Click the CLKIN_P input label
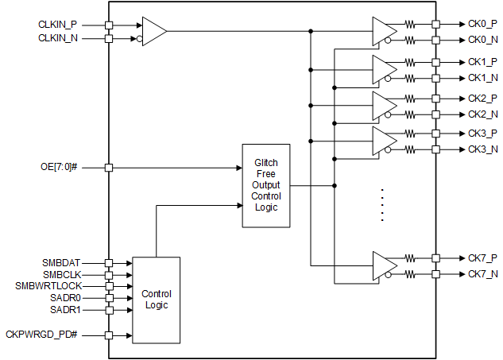pyautogui.click(x=57, y=25)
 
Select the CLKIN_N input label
pyautogui.click(x=57, y=38)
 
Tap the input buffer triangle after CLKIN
pyautogui.click(x=153, y=31)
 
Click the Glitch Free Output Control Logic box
pyautogui.click(x=265, y=185)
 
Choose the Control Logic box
pyautogui.click(x=156, y=300)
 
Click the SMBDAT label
pyautogui.click(x=61, y=262)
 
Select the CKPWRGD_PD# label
pyautogui.click(x=42, y=335)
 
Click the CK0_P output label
pyautogui.click(x=482, y=25)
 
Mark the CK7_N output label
pyautogui.click(x=482, y=274)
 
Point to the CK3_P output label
pyautogui.click(x=482, y=133)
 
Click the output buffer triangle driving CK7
pyautogui.click(x=384, y=265)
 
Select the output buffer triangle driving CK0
pyautogui.click(x=384, y=31)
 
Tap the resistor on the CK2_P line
pyautogui.click(x=410, y=98)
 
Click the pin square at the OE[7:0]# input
pyautogui.click(x=109, y=168)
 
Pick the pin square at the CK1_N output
pyautogui.click(x=435, y=78)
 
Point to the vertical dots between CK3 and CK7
pyautogui.click(x=382, y=205)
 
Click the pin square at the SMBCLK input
pyautogui.click(x=109, y=274)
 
